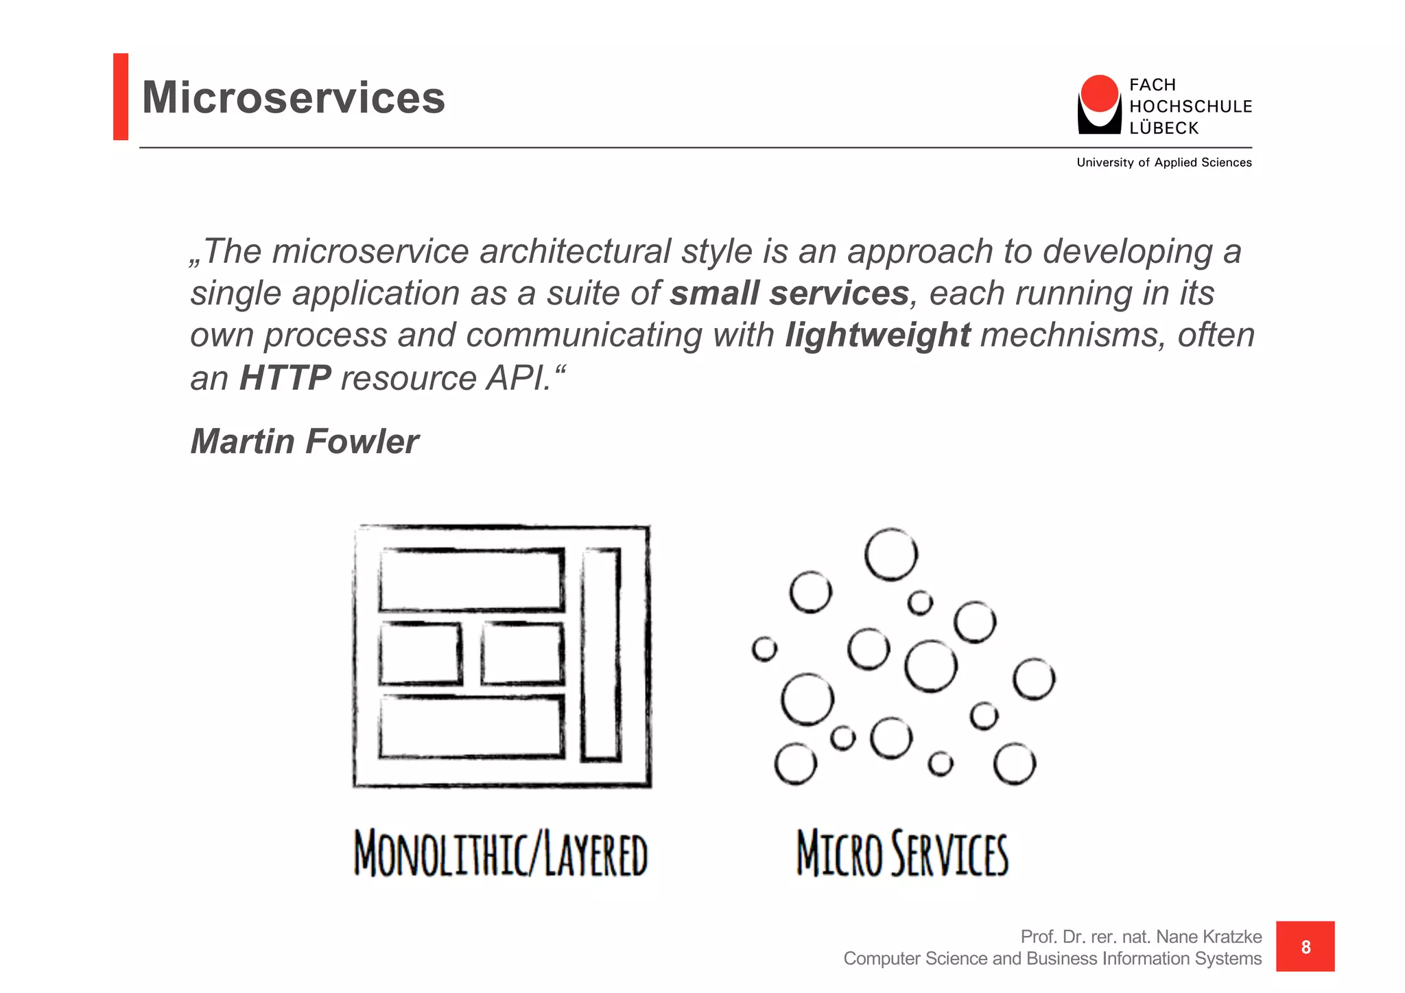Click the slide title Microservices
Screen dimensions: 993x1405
pos(293,97)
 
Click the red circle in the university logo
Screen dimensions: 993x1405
pos(1099,93)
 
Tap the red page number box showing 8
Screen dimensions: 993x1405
pos(1305,946)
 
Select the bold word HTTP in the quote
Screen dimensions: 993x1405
pos(285,378)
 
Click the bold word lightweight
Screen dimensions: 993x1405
pos(877,336)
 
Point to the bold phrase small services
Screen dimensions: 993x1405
pos(789,294)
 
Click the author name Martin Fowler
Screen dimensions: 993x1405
pos(304,441)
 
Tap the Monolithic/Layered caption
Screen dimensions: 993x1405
pos(501,854)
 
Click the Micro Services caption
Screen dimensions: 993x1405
pos(902,854)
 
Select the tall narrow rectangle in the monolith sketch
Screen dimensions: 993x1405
pos(601,654)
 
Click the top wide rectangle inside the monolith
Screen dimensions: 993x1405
pos(471,580)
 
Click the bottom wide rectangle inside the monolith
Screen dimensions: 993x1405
pos(471,727)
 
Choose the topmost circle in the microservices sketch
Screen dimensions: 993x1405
pos(890,554)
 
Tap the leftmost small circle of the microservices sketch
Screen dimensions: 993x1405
pos(764,649)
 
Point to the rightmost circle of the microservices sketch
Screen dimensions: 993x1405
pos(1034,679)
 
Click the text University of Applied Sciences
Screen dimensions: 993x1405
pos(1164,163)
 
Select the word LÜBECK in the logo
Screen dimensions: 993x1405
pos(1164,128)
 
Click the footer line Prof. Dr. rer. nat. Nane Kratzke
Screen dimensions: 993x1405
pos(1141,937)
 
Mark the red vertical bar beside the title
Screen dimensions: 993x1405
pos(121,97)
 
